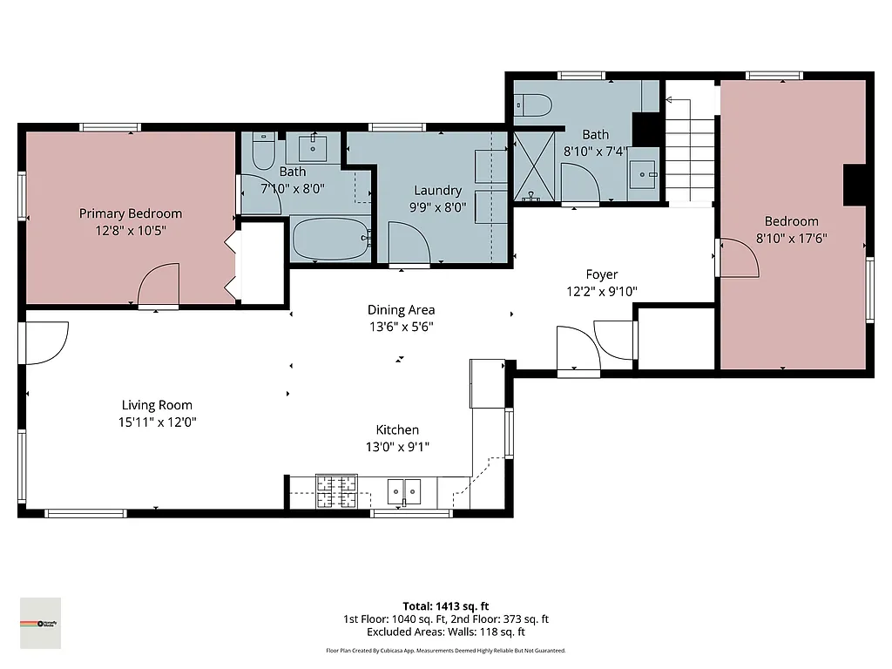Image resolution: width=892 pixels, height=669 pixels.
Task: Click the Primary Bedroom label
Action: point(131,213)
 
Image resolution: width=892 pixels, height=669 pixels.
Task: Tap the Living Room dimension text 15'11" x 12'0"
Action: point(157,422)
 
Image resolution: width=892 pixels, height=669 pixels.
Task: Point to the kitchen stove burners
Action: point(336,491)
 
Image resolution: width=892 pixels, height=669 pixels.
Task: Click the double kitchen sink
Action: point(403,491)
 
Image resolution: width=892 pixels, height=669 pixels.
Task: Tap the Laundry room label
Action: point(437,191)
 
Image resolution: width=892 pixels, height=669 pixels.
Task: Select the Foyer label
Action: point(601,275)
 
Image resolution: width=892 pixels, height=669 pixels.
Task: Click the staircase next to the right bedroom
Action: point(691,144)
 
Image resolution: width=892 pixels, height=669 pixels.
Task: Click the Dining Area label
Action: point(401,310)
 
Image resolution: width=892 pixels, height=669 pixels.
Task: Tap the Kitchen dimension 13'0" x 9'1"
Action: point(397,447)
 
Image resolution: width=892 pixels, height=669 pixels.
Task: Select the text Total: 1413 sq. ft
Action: point(446,606)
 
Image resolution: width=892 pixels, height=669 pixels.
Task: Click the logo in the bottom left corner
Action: point(41,623)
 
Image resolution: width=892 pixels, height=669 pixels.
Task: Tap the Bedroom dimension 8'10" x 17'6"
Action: point(792,238)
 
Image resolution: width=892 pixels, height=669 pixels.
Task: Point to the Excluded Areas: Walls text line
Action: point(446,632)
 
